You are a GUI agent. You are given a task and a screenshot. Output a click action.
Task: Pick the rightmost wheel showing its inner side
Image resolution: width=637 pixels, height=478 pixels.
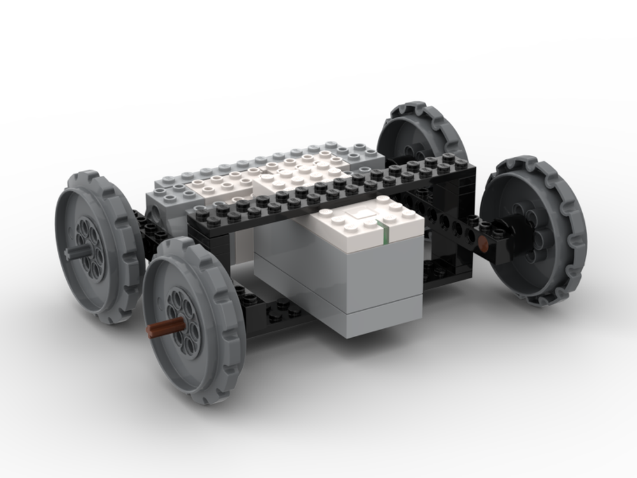[535, 229]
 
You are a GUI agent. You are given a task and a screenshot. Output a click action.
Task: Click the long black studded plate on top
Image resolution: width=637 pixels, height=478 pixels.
[331, 191]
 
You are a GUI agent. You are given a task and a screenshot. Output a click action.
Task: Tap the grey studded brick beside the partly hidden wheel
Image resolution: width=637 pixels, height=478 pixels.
[363, 153]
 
